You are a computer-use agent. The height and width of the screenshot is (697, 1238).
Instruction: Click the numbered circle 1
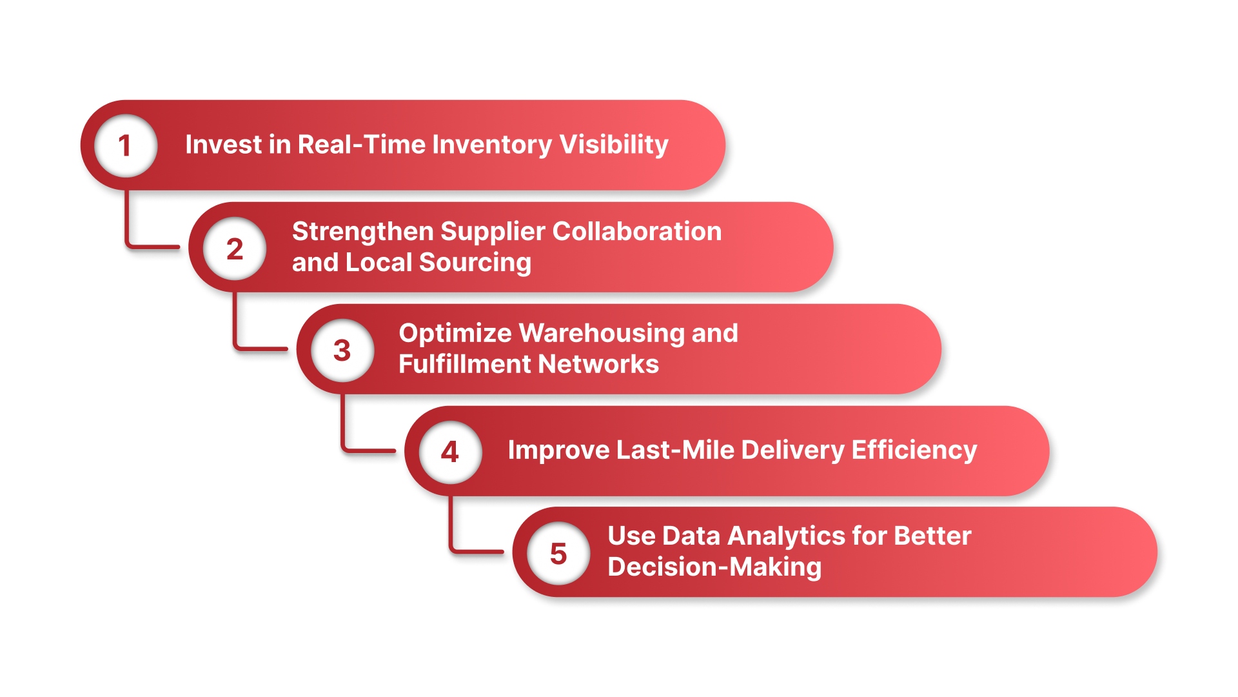(x=126, y=145)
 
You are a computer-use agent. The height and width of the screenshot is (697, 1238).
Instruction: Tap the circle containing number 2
(x=235, y=248)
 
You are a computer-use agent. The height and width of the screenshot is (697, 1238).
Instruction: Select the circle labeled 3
(x=342, y=350)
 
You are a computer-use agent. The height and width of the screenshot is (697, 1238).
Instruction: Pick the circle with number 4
(x=450, y=451)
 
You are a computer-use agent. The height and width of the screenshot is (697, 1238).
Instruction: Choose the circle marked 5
(x=558, y=553)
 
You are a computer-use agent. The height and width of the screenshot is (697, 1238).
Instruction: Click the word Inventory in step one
(x=492, y=145)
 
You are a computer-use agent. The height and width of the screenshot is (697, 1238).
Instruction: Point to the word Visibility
(x=613, y=145)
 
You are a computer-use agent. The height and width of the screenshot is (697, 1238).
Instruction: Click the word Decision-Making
(x=714, y=567)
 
